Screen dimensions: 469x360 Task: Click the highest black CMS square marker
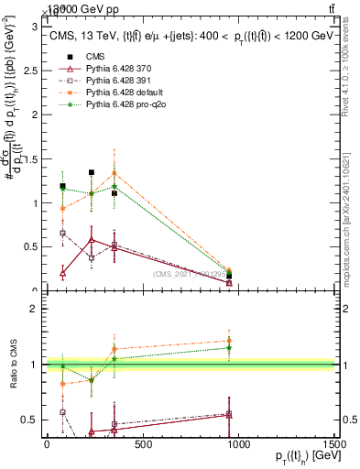tap(92, 172)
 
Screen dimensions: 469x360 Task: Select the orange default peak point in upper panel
tap(114, 173)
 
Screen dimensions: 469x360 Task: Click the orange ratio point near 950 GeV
tap(229, 341)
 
